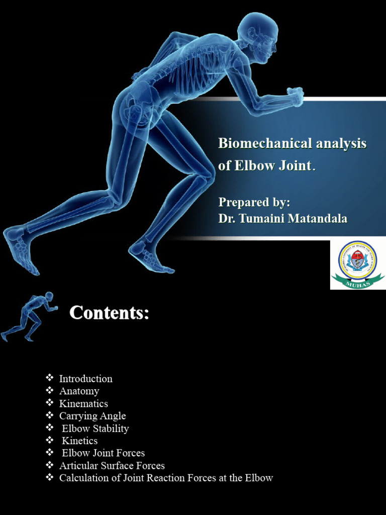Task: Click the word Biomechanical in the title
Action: tap(264, 144)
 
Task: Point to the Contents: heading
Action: tap(109, 313)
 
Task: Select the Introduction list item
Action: tap(85, 379)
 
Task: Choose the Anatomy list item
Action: tap(79, 391)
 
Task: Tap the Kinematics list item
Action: tap(83, 404)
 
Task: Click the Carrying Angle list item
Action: tap(92, 416)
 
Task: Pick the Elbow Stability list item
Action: tap(95, 428)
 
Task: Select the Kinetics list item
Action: tap(79, 441)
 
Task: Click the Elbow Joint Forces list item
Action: tap(103, 453)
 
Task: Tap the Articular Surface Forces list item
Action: tap(112, 466)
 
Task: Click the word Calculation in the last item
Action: tap(83, 478)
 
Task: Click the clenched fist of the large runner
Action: tap(295, 96)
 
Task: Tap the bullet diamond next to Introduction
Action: tap(49, 378)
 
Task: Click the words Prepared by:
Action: tap(254, 202)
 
